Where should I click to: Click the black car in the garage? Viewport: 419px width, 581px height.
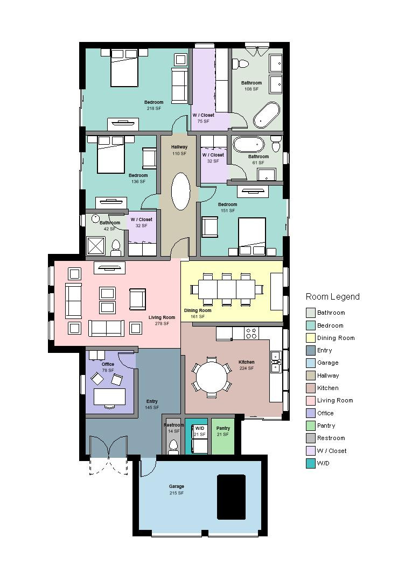point(231,497)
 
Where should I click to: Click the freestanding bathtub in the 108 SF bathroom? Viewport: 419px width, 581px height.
point(267,115)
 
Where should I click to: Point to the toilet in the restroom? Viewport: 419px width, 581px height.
point(173,446)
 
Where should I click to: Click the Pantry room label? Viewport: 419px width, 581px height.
point(223,428)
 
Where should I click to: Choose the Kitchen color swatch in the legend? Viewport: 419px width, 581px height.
point(311,388)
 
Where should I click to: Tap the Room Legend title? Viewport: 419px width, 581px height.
point(332,297)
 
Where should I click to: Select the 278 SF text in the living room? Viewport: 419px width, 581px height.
point(162,324)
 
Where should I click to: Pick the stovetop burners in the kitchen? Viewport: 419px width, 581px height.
point(251,333)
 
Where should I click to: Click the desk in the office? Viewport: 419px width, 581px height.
point(109,396)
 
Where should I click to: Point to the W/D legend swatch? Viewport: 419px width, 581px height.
point(311,463)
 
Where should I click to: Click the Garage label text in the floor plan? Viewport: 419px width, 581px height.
point(176,487)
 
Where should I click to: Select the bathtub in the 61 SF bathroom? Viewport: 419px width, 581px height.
point(248,145)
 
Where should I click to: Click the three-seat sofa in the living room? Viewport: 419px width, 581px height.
point(106,328)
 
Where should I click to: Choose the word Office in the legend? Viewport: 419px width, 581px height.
point(325,413)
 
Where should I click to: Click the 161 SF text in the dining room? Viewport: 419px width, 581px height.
point(197,316)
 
